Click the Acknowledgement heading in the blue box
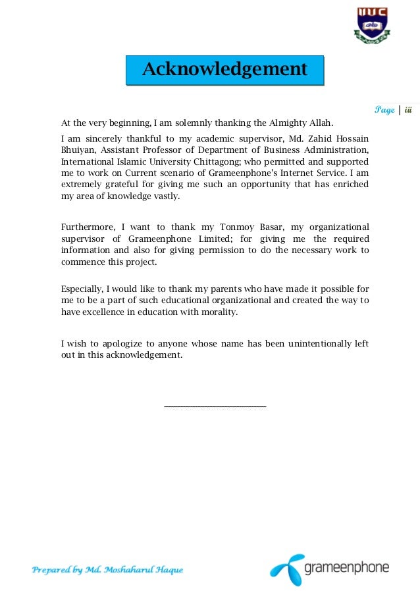tap(225, 69)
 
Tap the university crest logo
tap(373, 25)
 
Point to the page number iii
tap(408, 110)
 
